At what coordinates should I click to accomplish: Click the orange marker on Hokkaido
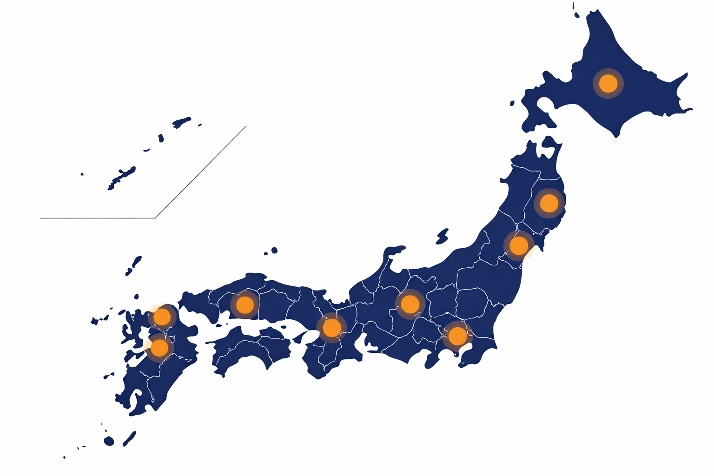click(x=608, y=84)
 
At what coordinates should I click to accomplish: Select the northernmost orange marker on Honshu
click(x=549, y=203)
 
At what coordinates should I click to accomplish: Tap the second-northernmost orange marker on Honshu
click(x=519, y=245)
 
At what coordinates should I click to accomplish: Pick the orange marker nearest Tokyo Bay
click(x=457, y=336)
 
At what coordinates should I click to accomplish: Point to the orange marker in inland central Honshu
click(x=410, y=304)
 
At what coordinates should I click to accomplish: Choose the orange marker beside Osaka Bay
click(x=331, y=328)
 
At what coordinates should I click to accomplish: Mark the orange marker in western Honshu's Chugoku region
click(x=245, y=304)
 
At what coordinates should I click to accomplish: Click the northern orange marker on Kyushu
click(x=162, y=317)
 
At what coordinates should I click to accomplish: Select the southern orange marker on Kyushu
click(x=159, y=347)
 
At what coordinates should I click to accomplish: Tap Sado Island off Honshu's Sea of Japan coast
click(x=442, y=236)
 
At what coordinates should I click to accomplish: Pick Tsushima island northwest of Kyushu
click(x=134, y=265)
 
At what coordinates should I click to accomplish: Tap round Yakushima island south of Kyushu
click(x=109, y=441)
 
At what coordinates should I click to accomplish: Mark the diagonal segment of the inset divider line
click(x=201, y=172)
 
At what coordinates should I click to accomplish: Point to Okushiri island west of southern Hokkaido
click(x=512, y=103)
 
